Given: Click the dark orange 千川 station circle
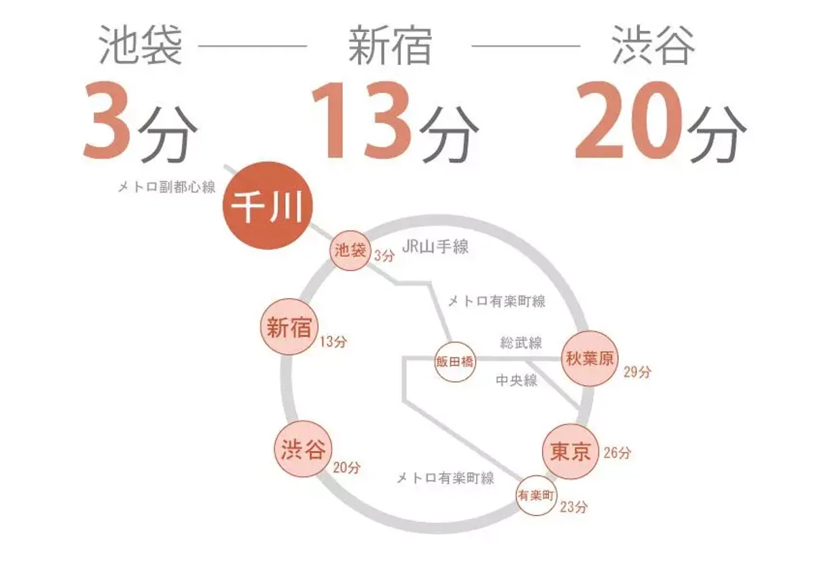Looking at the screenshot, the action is (268, 206).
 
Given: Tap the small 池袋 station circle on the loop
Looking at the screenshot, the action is (350, 251).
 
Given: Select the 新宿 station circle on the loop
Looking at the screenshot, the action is (289, 327).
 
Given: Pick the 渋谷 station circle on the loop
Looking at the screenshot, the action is (303, 449).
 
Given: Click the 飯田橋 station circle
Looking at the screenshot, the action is (455, 361).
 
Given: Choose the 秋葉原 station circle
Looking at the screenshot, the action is (590, 359).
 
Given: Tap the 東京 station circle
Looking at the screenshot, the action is (570, 452).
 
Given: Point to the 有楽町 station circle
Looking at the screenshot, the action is (537, 495).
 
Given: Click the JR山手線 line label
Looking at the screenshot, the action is (435, 247).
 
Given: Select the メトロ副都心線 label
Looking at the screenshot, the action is (166, 187).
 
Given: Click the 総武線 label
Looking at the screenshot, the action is (521, 342).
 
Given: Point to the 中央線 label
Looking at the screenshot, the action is (516, 380).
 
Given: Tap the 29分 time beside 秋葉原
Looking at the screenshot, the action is (637, 372).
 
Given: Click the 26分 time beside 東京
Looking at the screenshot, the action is (617, 452).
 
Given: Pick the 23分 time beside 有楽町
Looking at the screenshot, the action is (574, 507).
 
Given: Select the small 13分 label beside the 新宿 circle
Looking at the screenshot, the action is (333, 341).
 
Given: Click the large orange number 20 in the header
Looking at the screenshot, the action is (629, 120).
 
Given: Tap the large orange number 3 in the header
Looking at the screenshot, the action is (107, 120).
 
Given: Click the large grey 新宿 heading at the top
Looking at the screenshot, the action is (390, 45).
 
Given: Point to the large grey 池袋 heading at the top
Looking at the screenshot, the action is (141, 45).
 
